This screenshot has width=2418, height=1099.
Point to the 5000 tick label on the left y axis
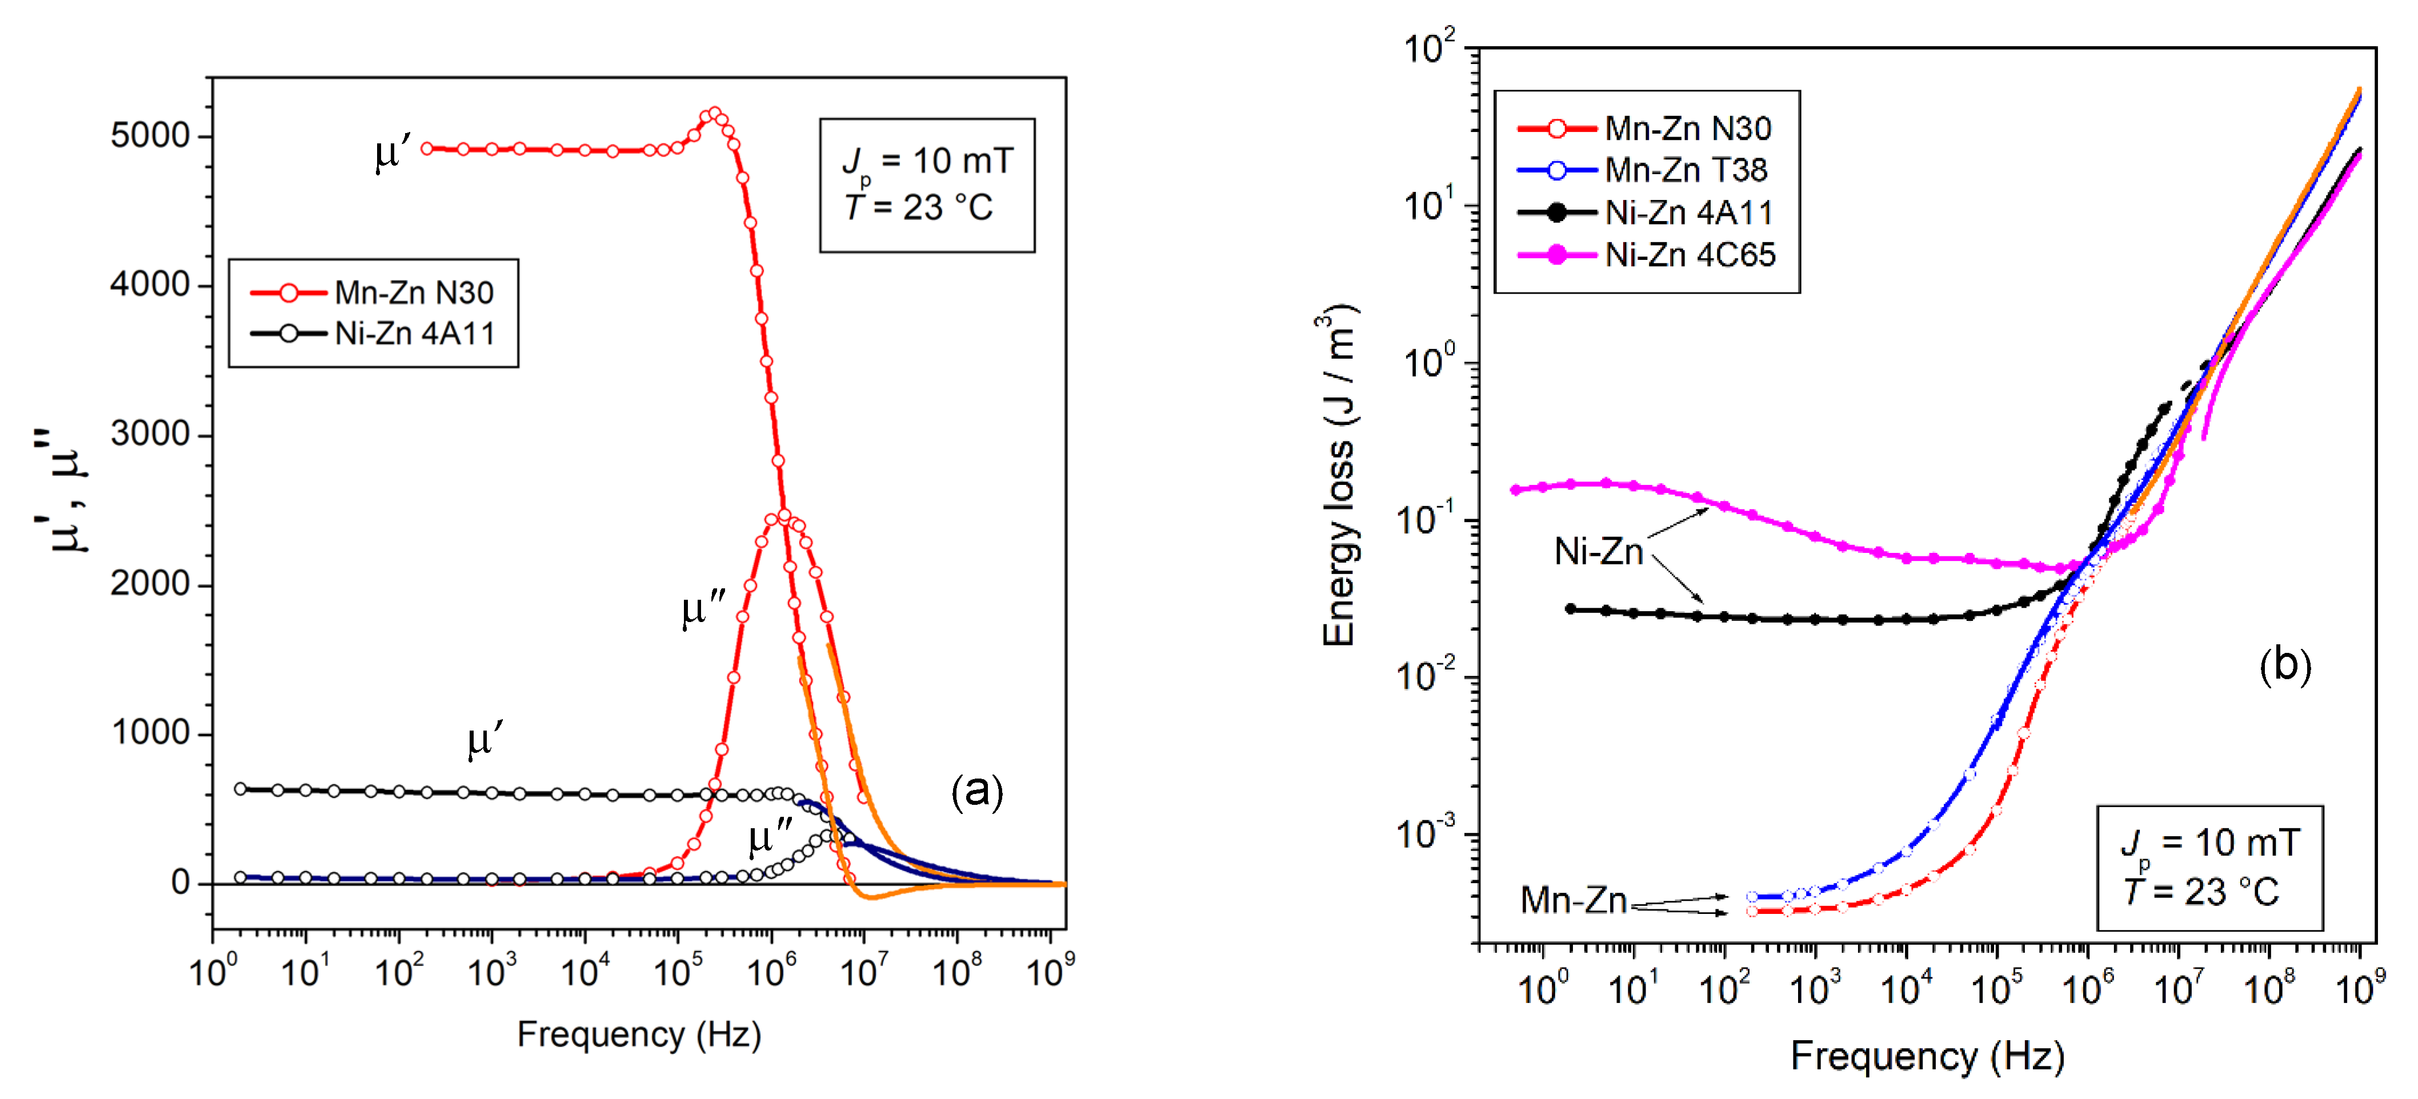click(150, 136)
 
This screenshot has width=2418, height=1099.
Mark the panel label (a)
click(976, 791)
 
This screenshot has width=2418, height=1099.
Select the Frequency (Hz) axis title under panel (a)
click(638, 1034)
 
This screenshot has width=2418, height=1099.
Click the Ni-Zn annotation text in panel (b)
click(1598, 552)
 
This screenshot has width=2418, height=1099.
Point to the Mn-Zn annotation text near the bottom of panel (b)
click(1572, 900)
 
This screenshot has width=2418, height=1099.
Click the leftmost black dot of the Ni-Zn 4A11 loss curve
click(1570, 609)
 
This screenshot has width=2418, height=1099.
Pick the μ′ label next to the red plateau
click(393, 154)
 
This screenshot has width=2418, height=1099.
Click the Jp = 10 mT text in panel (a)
click(927, 162)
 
